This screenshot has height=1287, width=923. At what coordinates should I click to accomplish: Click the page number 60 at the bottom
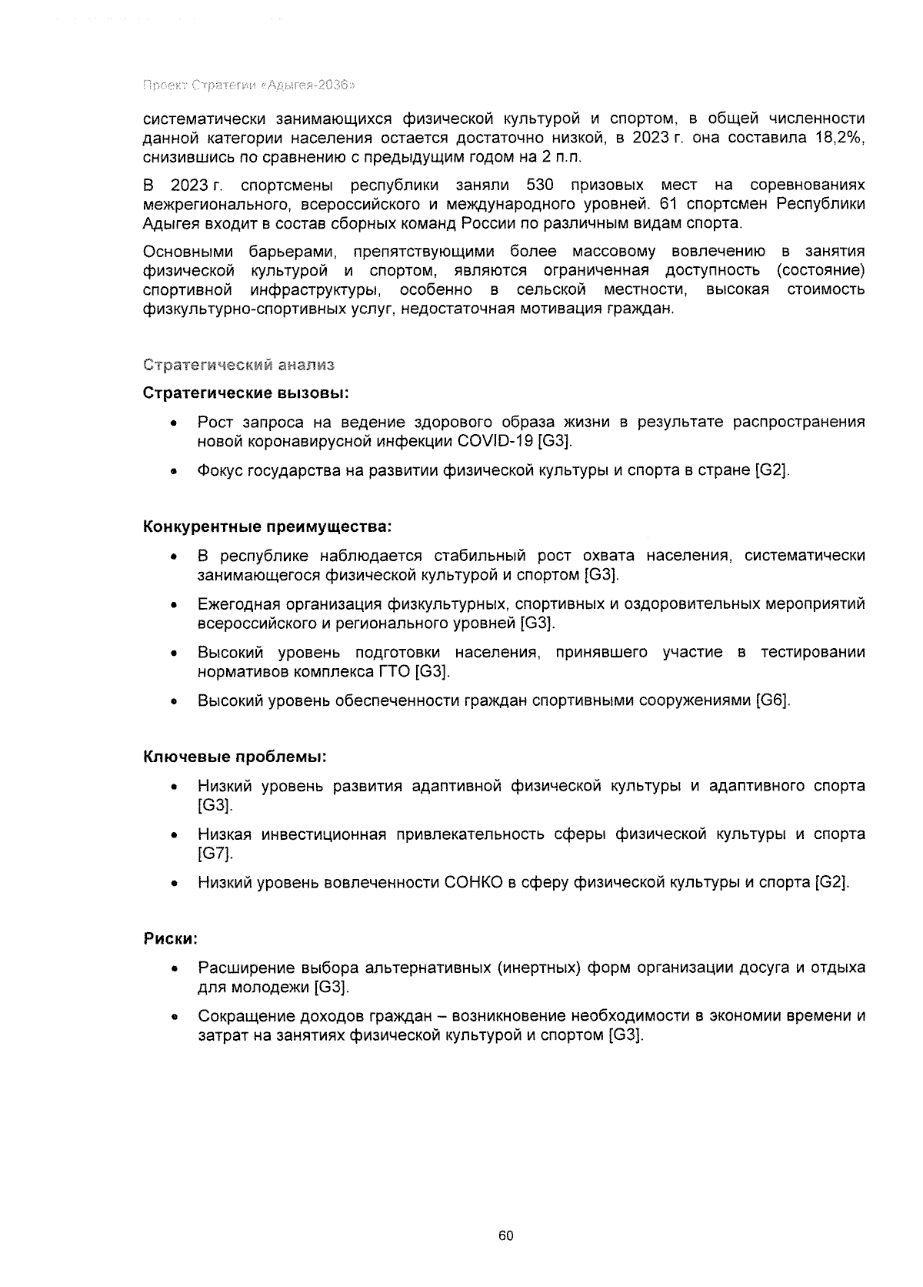[x=505, y=1236]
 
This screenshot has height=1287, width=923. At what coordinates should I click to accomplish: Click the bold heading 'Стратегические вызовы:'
[x=246, y=393]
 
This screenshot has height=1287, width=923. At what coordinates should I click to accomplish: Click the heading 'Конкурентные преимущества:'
[x=268, y=527]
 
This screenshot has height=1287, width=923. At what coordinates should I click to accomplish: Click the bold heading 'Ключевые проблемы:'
[x=235, y=757]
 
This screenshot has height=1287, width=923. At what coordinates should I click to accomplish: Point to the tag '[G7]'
[x=214, y=854]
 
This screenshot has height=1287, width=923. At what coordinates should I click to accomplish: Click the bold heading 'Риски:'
[x=171, y=939]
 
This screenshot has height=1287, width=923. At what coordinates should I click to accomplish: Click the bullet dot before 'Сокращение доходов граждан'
[x=175, y=1017]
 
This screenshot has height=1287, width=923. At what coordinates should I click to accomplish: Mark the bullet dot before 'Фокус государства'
[x=175, y=471]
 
